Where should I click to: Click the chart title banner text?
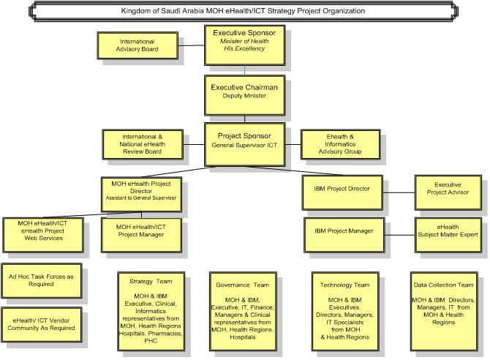point(243,11)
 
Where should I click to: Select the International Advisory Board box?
point(137,45)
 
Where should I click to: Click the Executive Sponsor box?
point(245,45)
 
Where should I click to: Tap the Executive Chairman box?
point(245,95)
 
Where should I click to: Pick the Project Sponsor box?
point(245,144)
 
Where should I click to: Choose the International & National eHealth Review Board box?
point(143,144)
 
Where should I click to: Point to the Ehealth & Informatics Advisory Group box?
point(340,144)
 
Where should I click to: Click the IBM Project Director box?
point(342,192)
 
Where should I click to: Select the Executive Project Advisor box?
point(448,192)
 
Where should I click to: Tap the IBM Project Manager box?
point(344,235)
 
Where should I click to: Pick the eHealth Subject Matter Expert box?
point(448,235)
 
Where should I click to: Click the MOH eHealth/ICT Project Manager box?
point(141,235)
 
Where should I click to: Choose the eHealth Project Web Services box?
point(43,235)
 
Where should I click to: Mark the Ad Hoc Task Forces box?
point(42,280)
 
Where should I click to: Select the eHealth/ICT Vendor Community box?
point(42,324)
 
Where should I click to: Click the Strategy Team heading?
point(151,282)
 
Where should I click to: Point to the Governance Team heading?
point(243,285)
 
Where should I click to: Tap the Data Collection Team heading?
point(443,285)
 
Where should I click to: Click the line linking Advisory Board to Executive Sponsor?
point(192,45)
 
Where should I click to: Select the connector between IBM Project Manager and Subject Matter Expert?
point(400,235)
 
